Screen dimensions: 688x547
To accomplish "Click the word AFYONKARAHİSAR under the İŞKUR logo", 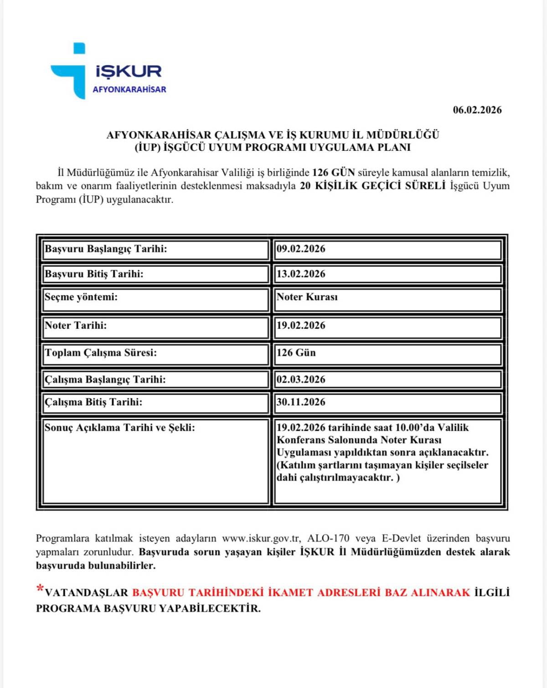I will coord(129,89).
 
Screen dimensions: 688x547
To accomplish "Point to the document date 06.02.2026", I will coord(477,110).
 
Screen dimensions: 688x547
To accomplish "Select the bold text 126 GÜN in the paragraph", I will coord(333,173).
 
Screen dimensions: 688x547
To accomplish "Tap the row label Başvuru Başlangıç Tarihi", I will coord(106,249).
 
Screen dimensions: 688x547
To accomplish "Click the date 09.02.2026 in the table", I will coord(301,249).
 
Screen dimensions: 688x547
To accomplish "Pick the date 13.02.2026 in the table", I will coord(301,274).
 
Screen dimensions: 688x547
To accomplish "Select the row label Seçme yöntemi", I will coord(81,297).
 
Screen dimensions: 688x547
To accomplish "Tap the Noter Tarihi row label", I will coord(76,326).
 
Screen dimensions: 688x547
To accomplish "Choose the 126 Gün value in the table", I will coord(296,353).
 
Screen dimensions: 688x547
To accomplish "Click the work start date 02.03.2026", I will coord(301,380).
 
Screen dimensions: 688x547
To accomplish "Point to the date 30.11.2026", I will coord(301,402).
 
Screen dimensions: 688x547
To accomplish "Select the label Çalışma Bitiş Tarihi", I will coord(93,402).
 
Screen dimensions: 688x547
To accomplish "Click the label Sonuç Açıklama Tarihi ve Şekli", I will coord(119,428).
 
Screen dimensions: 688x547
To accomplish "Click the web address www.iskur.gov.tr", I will coord(261,539).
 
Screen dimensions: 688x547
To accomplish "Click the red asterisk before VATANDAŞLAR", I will coord(40,589).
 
